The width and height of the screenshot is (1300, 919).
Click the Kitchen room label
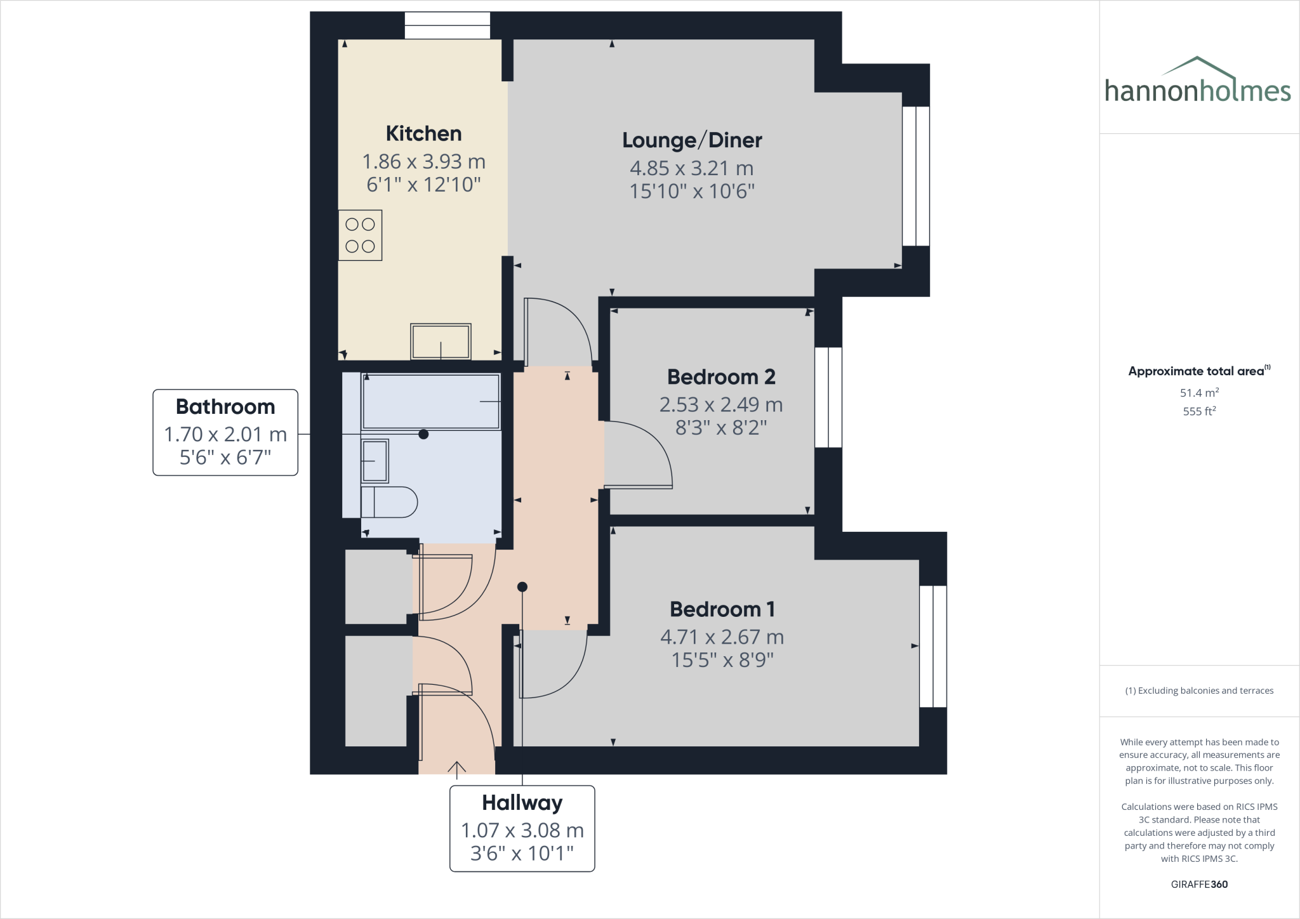coord(423,134)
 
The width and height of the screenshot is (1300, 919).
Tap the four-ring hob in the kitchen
coord(360,235)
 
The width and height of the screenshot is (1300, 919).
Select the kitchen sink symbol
coord(441,341)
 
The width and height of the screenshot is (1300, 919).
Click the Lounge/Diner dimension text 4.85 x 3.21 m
coord(691,168)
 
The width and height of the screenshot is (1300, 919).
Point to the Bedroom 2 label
coord(721,377)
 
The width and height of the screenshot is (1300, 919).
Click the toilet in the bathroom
coord(388,502)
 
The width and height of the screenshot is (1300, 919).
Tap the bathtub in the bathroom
coord(431,401)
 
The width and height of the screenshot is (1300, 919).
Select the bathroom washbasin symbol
coord(374,461)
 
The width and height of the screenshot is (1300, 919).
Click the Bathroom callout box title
coord(225,407)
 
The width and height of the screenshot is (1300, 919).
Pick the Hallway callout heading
coord(522,803)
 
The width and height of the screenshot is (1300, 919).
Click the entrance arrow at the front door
coord(456,769)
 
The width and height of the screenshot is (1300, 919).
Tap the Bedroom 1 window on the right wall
coord(933,646)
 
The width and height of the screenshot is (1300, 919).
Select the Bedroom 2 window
coord(828,397)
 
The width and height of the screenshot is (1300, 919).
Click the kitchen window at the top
coord(448,25)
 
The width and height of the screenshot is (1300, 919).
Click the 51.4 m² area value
coord(1199,393)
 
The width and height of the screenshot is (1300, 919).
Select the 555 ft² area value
coord(1199,411)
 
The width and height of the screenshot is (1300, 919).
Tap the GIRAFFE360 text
coord(1199,884)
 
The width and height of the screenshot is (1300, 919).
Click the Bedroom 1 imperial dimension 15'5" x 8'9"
coord(722,660)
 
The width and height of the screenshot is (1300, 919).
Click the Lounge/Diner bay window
coord(916,176)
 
